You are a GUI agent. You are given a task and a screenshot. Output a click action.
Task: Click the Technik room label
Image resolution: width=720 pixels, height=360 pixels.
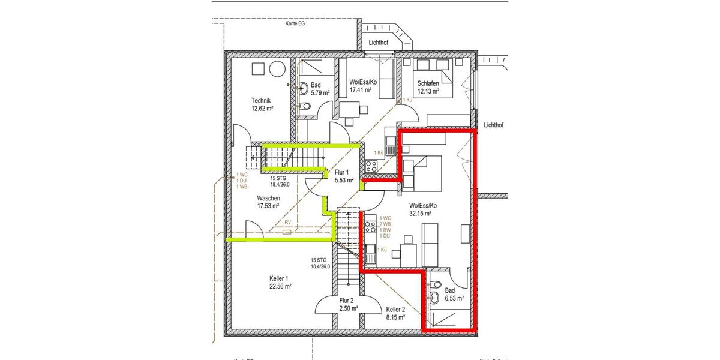tap(261, 101)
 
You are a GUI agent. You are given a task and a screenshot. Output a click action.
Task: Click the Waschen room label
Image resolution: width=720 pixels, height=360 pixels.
tap(268, 197)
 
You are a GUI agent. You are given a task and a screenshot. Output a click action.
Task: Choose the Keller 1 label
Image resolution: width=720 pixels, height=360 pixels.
tap(279, 278)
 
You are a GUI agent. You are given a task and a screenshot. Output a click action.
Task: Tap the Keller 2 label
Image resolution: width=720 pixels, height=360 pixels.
tap(395, 309)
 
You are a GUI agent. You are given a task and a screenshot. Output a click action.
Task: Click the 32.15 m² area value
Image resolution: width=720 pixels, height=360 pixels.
tap(423, 214)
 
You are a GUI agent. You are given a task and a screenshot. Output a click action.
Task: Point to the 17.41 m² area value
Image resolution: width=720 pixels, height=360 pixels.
tap(360, 91)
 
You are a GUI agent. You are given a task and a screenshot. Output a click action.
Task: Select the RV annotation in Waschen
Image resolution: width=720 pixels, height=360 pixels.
tap(287, 221)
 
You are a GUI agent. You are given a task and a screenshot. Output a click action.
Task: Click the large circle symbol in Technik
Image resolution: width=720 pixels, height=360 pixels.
tap(277, 69)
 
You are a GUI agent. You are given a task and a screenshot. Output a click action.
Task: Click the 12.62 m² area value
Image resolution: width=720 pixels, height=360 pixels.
tap(262, 109)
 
